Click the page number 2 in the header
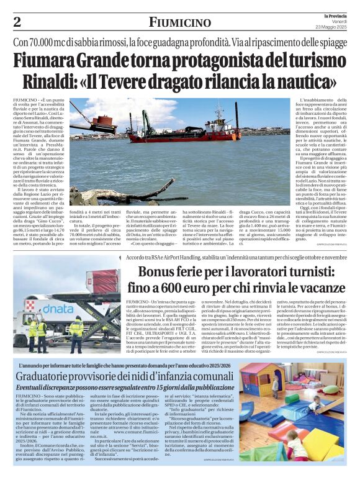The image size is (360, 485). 17,22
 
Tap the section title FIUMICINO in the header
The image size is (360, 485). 179,23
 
